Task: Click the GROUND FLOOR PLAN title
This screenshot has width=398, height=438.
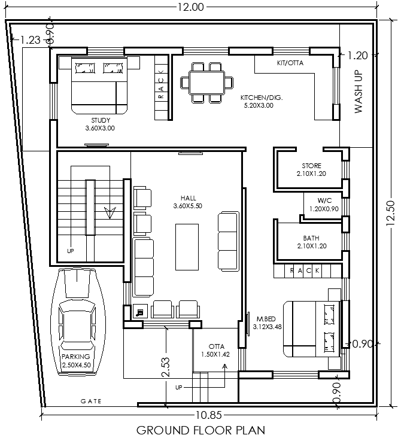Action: (x=200, y=430)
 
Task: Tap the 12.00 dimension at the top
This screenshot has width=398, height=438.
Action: (x=190, y=7)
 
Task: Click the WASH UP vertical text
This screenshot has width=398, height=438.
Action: (x=358, y=91)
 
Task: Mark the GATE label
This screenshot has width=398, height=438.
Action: (x=92, y=401)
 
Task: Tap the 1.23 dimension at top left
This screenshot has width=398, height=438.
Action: (x=30, y=40)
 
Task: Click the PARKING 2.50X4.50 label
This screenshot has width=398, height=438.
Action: (x=76, y=360)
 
